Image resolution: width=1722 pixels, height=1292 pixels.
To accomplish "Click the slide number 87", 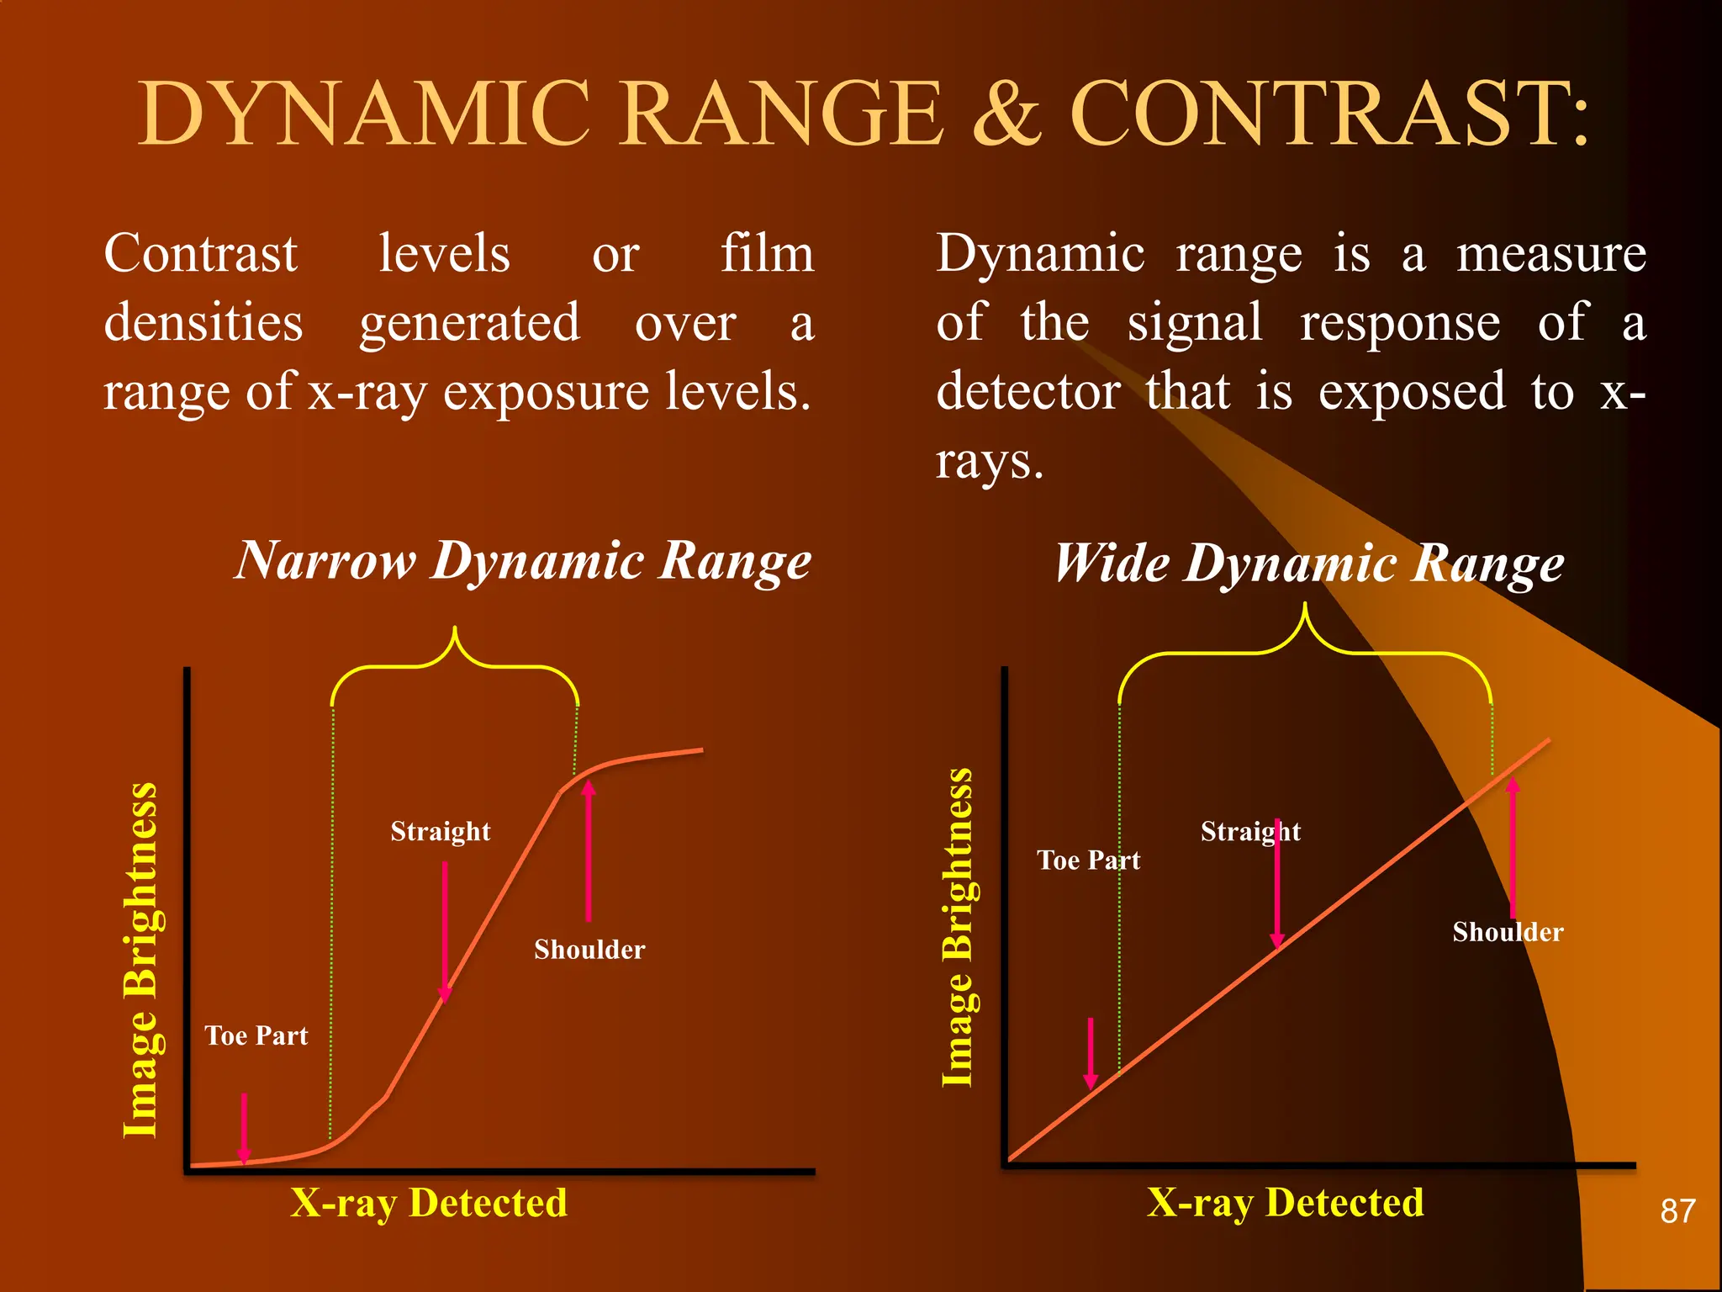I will (x=1677, y=1211).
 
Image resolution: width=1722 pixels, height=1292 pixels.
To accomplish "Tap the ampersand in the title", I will (x=1006, y=114).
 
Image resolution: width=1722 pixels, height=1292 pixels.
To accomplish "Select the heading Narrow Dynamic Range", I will (x=523, y=560).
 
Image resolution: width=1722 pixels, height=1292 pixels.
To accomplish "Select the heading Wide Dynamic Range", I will (x=1309, y=563).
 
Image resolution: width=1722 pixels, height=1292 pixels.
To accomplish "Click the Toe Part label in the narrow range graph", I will (x=256, y=1035).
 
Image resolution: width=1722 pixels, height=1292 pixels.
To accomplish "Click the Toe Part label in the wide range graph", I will (x=1089, y=860).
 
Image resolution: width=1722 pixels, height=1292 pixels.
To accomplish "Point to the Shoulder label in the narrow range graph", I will (x=589, y=950).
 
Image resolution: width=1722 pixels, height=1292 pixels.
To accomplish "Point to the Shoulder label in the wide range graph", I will (x=1508, y=932).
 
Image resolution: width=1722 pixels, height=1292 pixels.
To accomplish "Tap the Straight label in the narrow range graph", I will (x=440, y=831).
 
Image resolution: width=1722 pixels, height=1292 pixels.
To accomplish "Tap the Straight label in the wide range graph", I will (x=1250, y=831).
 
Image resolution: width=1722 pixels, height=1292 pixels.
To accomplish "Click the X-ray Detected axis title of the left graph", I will (x=429, y=1203).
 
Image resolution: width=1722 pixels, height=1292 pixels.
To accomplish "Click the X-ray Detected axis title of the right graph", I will (x=1286, y=1203).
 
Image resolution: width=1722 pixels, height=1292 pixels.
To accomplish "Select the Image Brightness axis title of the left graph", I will (x=140, y=960).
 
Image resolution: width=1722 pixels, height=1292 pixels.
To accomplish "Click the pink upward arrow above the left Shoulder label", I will (x=589, y=850).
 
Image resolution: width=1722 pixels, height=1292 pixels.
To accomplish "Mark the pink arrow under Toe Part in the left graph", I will (x=244, y=1127).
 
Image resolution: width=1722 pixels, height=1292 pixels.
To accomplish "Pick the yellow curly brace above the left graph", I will (x=455, y=665).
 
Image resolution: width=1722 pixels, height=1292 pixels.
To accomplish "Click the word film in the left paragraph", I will (x=767, y=253).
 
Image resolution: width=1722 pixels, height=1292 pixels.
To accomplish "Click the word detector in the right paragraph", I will (x=1027, y=391).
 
